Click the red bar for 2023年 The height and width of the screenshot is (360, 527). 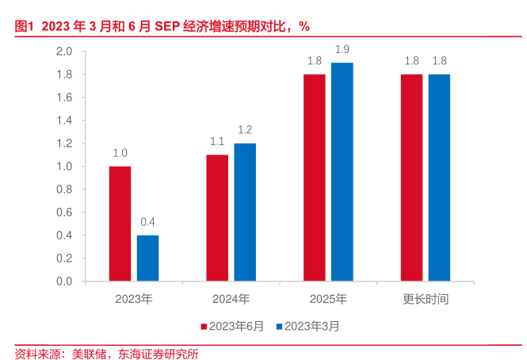[x=120, y=224]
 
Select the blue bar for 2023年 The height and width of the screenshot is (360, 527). [x=147, y=259]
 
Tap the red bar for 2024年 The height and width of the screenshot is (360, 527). [x=217, y=218]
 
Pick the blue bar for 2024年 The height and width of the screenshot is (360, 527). [x=245, y=213]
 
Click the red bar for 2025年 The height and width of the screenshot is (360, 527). [x=315, y=178]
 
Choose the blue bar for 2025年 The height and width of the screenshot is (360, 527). [x=342, y=172]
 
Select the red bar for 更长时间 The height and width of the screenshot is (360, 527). [x=411, y=178]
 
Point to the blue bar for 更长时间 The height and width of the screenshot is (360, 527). [x=439, y=178]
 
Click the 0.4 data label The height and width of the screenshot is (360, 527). [x=147, y=222]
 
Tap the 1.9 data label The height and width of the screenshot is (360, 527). [x=342, y=50]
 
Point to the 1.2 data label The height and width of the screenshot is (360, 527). [x=245, y=130]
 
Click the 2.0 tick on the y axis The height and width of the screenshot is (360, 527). [x=64, y=52]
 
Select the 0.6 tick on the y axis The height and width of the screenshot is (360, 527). [x=64, y=213]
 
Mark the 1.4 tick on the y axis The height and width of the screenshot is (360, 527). [x=64, y=121]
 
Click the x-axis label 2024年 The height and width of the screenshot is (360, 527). [x=231, y=299]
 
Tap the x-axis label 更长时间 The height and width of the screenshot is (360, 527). [x=426, y=299]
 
